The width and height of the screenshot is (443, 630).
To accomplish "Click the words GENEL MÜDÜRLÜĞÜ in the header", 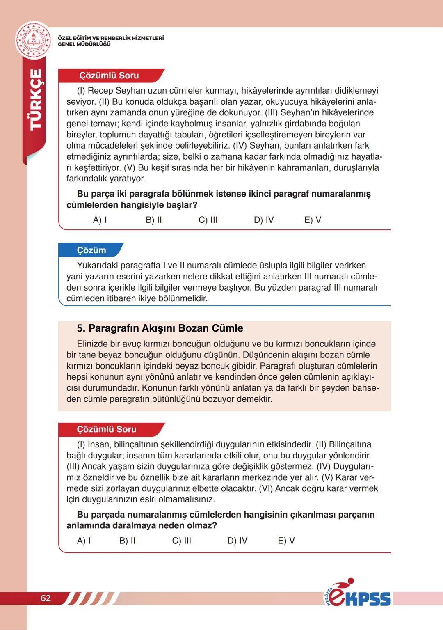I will [84, 44].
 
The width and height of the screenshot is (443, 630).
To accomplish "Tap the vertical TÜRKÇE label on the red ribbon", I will [36, 99].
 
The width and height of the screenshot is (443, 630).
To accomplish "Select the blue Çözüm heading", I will [91, 250].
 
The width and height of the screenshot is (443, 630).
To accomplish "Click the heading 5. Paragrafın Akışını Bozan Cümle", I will [160, 328].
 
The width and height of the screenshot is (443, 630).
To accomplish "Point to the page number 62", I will [46, 598].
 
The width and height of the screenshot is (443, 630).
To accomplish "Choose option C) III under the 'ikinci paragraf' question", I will [208, 220].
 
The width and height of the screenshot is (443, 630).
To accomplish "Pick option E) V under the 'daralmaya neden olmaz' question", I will [286, 541].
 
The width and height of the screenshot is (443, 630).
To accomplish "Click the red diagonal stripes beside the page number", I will [90, 598].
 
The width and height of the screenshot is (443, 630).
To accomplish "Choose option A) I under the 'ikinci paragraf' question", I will [100, 220].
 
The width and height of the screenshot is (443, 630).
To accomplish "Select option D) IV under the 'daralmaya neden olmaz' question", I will [237, 541].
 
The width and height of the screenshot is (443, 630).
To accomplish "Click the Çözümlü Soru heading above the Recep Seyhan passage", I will [109, 76].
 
